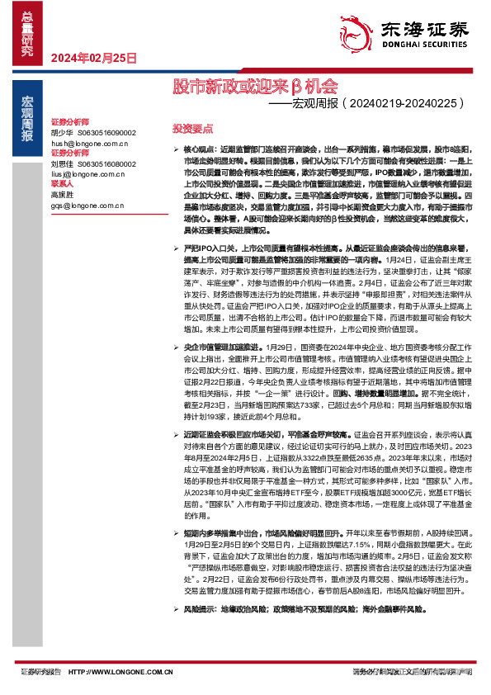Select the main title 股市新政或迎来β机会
255,86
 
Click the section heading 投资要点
191,129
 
